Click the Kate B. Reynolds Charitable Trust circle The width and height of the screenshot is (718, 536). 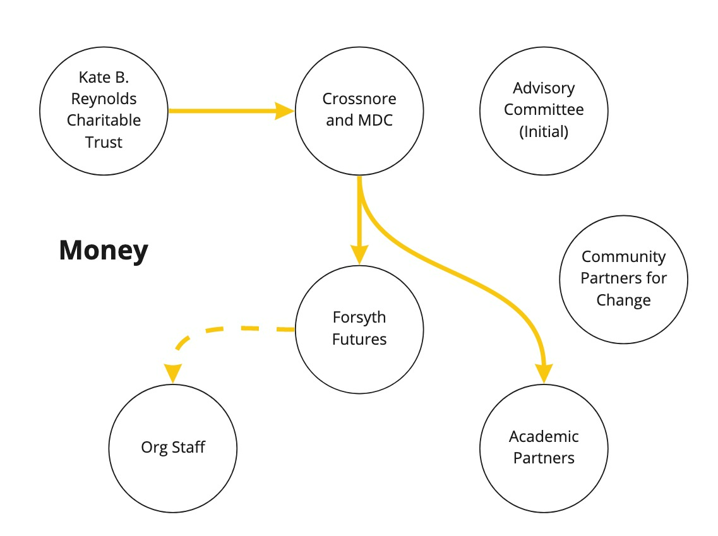104,110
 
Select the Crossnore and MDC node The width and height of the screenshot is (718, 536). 359,110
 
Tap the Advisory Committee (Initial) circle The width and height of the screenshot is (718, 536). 544,110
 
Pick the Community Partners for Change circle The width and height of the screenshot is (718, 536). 623,278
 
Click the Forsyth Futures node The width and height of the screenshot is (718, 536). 359,328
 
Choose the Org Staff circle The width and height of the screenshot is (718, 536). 173,448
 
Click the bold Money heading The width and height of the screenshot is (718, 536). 104,251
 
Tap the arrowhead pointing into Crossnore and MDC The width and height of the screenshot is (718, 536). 285,111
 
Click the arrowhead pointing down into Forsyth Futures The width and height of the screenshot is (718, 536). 359,254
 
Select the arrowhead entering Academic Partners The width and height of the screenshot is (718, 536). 544,374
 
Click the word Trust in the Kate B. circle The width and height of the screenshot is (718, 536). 104,143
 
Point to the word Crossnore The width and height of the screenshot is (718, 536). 359,99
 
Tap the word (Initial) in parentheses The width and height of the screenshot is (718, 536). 544,132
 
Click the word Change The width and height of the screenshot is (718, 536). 623,300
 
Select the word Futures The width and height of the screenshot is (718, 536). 359,340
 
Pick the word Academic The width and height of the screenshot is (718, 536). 544,436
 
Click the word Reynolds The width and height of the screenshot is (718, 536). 104,99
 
